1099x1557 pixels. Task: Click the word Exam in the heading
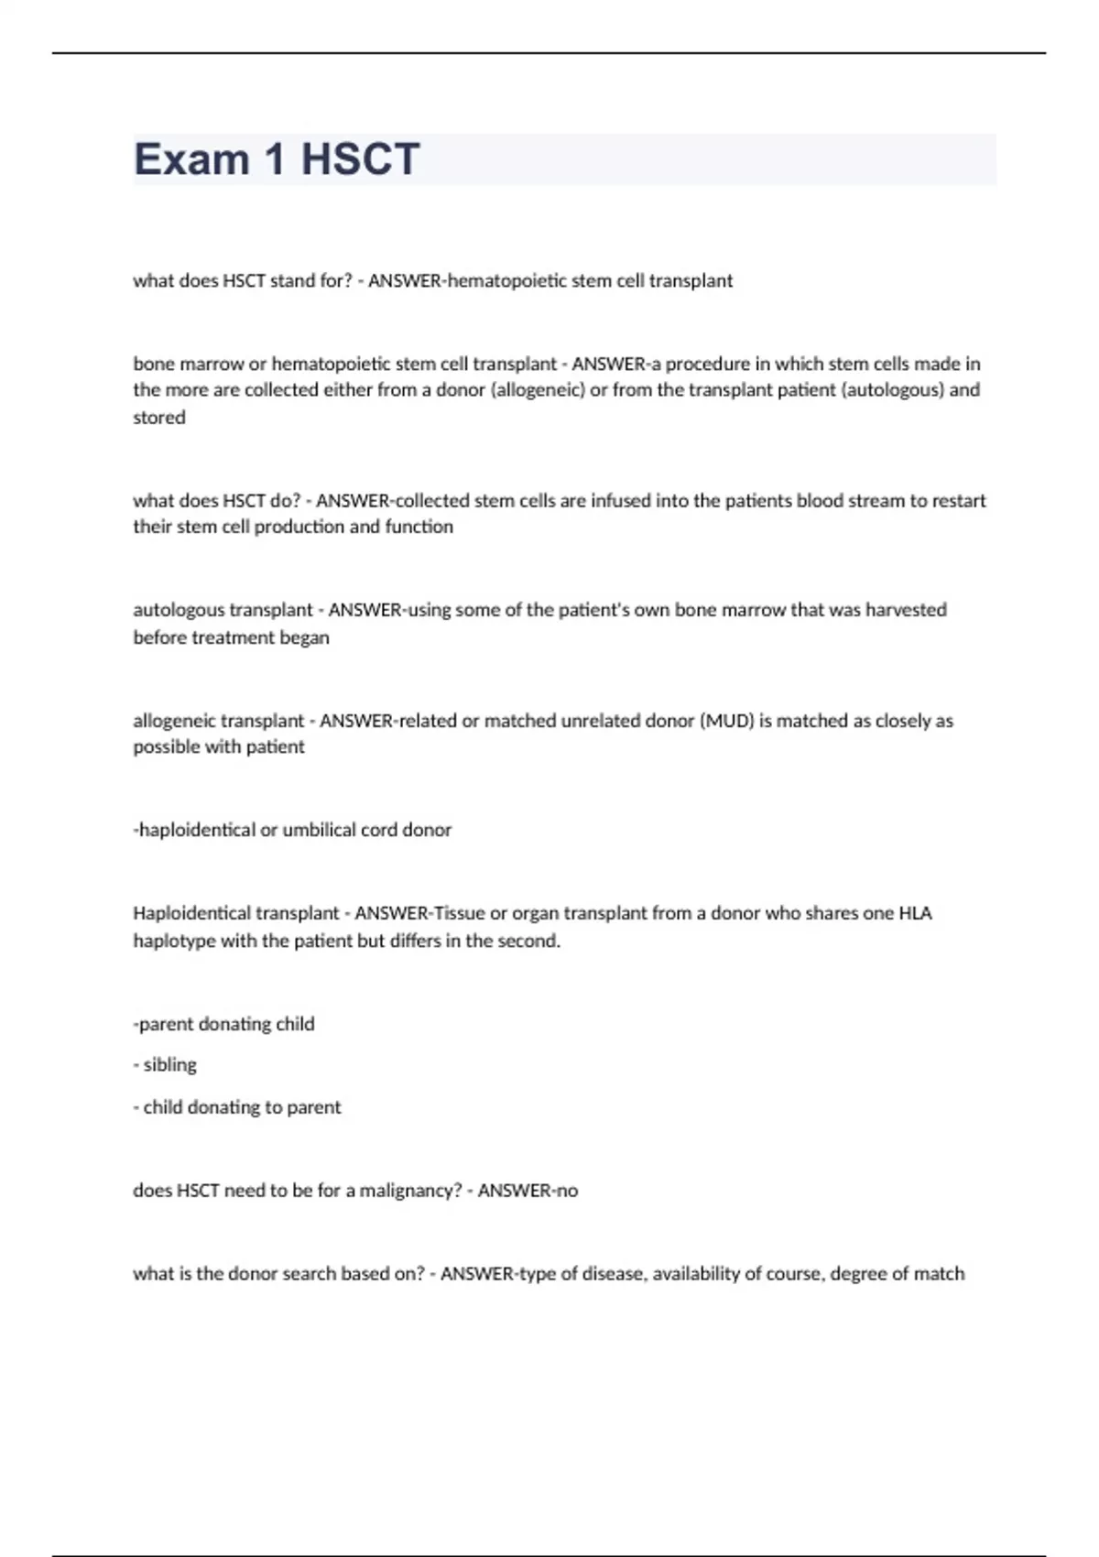click(191, 159)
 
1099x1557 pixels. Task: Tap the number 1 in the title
click(275, 159)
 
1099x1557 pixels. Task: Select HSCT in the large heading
click(360, 159)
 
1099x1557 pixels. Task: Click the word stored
click(159, 418)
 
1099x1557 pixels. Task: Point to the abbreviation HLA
click(915, 913)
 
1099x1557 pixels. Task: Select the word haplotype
click(174, 942)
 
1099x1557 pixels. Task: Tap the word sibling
click(170, 1065)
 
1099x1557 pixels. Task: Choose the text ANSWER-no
click(528, 1191)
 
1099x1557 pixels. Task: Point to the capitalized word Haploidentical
click(190, 913)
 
